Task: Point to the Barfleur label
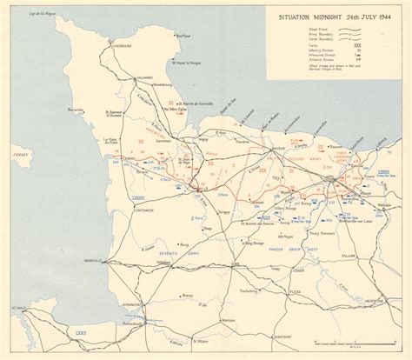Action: pos(183,37)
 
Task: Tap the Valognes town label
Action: pos(145,77)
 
